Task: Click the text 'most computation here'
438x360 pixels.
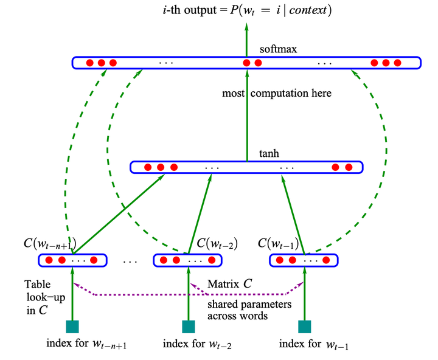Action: pyautogui.click(x=277, y=93)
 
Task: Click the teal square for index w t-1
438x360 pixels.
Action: pyautogui.click(x=304, y=327)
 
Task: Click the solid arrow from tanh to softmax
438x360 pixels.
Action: pyautogui.click(x=247, y=116)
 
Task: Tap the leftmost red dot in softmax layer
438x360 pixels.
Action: pyautogui.click(x=89, y=63)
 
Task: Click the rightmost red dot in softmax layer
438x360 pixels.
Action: pyautogui.click(x=398, y=63)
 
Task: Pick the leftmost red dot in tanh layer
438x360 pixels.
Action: pyautogui.click(x=148, y=167)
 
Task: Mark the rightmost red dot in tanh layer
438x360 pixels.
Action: pyautogui.click(x=349, y=167)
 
